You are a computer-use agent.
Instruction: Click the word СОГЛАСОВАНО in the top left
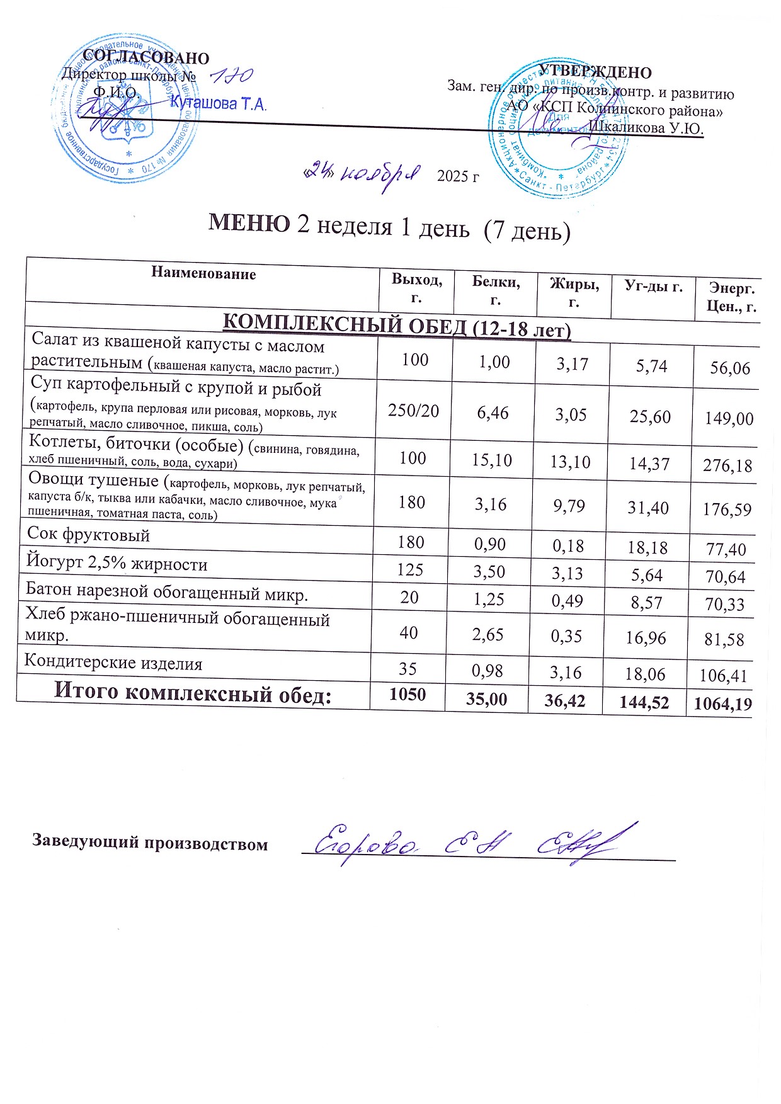click(x=146, y=57)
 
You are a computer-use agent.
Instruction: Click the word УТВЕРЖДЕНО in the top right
click(x=595, y=72)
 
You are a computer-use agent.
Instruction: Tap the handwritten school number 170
click(x=231, y=77)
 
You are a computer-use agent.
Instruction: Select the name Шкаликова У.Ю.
click(x=646, y=128)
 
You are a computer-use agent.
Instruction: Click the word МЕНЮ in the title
click(x=249, y=224)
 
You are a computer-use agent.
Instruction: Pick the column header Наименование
click(x=203, y=274)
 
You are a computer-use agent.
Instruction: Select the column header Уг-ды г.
click(x=653, y=287)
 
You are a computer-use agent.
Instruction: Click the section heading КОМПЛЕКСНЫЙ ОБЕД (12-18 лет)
click(x=397, y=327)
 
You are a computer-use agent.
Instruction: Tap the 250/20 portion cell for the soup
click(x=414, y=411)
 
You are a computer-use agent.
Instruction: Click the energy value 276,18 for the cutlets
click(x=728, y=466)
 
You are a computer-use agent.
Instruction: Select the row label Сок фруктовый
click(x=89, y=535)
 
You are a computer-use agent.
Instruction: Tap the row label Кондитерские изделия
click(x=113, y=663)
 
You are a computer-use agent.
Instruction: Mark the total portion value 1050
click(x=408, y=695)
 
